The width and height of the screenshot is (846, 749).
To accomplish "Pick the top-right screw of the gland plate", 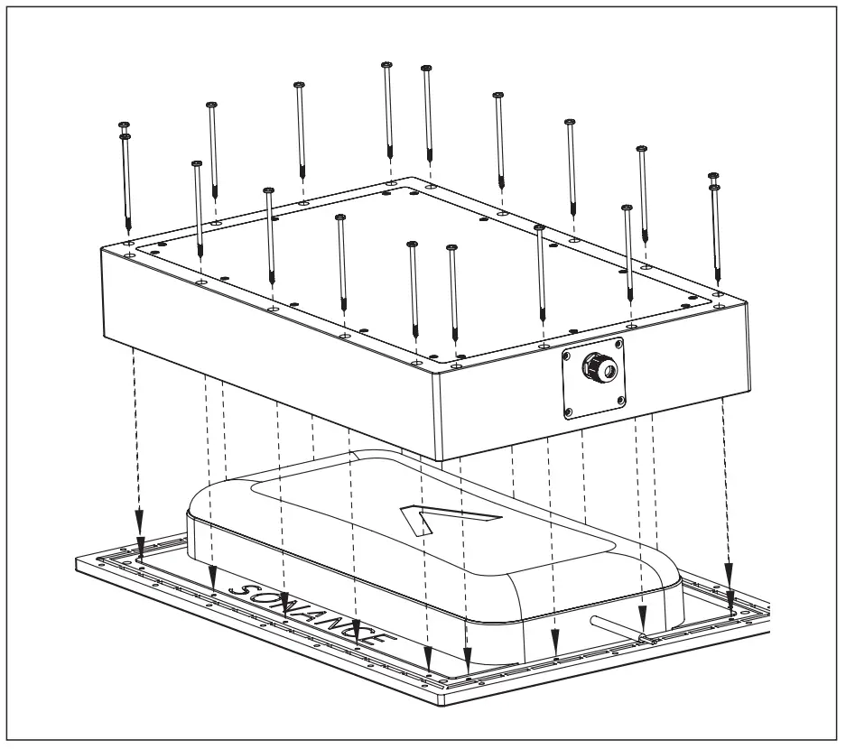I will (x=619, y=343).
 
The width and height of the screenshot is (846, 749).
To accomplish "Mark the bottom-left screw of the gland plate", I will (x=568, y=414).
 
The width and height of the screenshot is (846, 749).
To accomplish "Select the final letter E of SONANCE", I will (x=380, y=637).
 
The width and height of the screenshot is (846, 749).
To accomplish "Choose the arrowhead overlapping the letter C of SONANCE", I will (x=358, y=630).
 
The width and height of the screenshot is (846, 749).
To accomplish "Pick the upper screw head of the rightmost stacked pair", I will (x=713, y=176).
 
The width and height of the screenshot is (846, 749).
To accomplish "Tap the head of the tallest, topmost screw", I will (x=386, y=64).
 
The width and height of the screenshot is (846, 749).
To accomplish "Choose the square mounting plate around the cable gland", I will (x=594, y=379).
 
